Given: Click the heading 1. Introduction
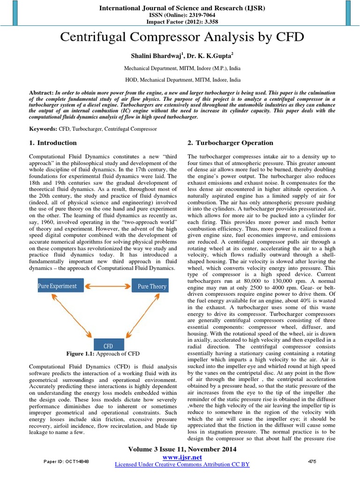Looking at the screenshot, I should (x=53, y=143).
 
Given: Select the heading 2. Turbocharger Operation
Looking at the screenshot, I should (x=230, y=143).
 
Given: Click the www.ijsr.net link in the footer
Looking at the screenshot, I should (x=183, y=457).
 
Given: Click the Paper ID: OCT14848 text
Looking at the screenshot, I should (x=67, y=462).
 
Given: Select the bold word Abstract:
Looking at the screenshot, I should (x=41, y=94).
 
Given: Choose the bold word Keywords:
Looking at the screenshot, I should (x=43, y=128).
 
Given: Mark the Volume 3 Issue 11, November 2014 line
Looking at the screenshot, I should (x=182, y=450).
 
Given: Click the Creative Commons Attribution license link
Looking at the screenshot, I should (x=182, y=465).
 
